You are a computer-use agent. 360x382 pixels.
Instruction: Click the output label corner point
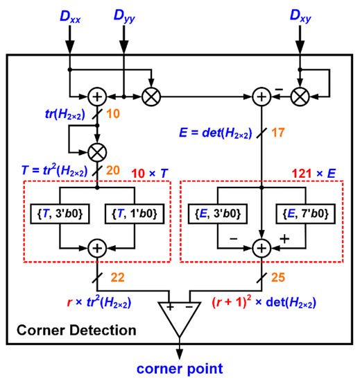click(x=180, y=365)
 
